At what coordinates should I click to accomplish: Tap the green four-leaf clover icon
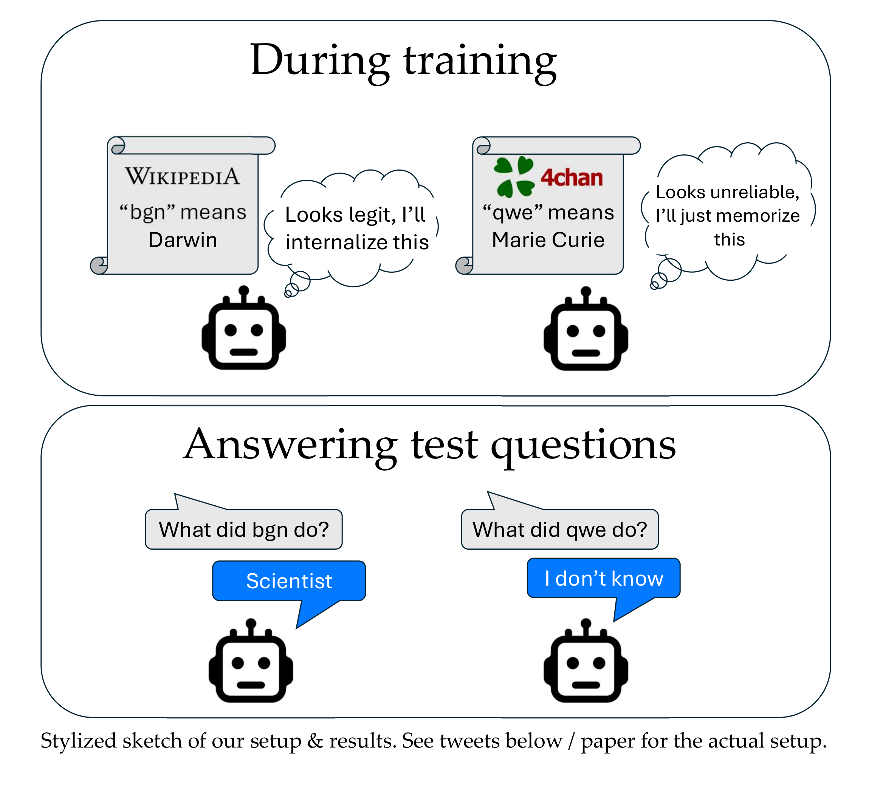pos(514,177)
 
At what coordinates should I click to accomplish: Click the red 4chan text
pos(572,177)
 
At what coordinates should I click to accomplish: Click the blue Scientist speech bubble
pos(289,581)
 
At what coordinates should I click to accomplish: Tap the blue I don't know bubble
pos(604,578)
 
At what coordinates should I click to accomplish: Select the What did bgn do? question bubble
pos(243,529)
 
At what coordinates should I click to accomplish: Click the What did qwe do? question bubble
pos(559,529)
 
